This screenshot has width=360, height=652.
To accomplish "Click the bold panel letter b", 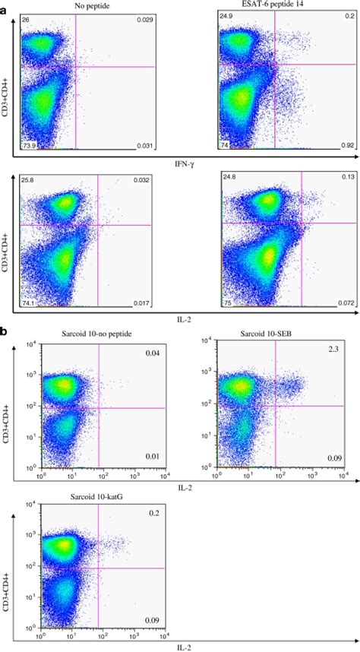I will click(5, 332).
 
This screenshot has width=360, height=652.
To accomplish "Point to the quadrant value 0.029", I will click(145, 18).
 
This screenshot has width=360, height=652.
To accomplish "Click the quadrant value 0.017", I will click(144, 303).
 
